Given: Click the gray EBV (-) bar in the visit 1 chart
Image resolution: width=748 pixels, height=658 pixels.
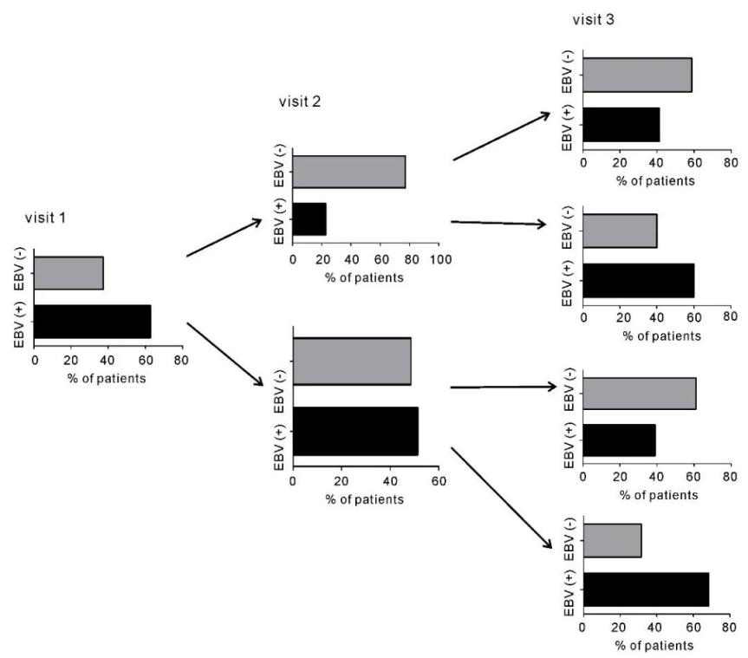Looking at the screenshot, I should coord(68,273).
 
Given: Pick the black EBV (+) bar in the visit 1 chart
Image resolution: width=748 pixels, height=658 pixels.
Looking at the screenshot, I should coord(93,322).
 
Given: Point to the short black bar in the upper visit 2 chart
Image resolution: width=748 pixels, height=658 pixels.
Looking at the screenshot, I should coord(309,218).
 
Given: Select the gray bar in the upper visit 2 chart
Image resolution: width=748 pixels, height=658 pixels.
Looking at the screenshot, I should coord(348,171).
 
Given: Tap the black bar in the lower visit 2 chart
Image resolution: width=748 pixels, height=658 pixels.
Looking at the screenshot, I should coord(355,431).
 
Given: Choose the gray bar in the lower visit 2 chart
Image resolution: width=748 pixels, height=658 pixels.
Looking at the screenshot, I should coord(352,361).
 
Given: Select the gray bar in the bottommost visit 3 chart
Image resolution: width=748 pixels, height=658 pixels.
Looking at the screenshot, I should coord(612,541).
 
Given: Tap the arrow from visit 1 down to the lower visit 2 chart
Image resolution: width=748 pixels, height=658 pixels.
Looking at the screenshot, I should coord(224,354).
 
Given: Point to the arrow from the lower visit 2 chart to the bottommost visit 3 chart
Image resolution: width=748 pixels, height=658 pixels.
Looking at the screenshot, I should coord(501,497).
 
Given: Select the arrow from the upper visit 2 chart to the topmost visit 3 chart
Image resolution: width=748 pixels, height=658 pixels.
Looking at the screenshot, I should coord(501,136).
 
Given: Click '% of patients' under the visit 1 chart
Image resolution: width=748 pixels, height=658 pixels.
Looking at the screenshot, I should coord(107,377).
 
